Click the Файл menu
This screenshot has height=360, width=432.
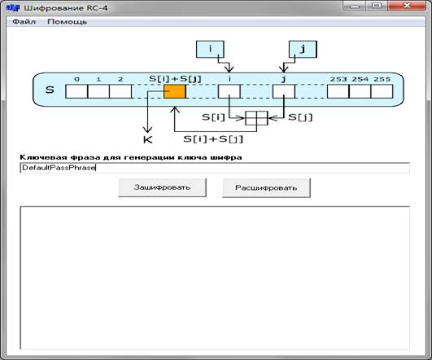tap(24, 21)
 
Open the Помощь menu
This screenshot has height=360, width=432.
tap(67, 22)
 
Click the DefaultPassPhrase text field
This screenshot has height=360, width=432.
tap(215, 168)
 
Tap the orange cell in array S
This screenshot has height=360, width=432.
tap(175, 91)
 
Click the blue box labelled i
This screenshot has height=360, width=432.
tap(210, 49)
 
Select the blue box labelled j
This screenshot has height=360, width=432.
tap(303, 49)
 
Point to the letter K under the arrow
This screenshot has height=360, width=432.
tap(148, 139)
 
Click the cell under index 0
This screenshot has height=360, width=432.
tap(76, 91)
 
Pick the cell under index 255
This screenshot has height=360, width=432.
tap(382, 91)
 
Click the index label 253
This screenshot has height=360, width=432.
tap(338, 80)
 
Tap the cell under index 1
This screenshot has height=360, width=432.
tap(98, 91)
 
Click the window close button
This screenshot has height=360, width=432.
tap(407, 6)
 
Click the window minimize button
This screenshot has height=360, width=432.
tap(355, 6)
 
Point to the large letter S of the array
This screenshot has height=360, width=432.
tap(50, 90)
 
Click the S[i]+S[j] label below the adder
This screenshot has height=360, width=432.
tap(213, 139)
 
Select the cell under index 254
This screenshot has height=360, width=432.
tap(360, 91)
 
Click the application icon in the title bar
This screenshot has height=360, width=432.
tap(13, 7)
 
